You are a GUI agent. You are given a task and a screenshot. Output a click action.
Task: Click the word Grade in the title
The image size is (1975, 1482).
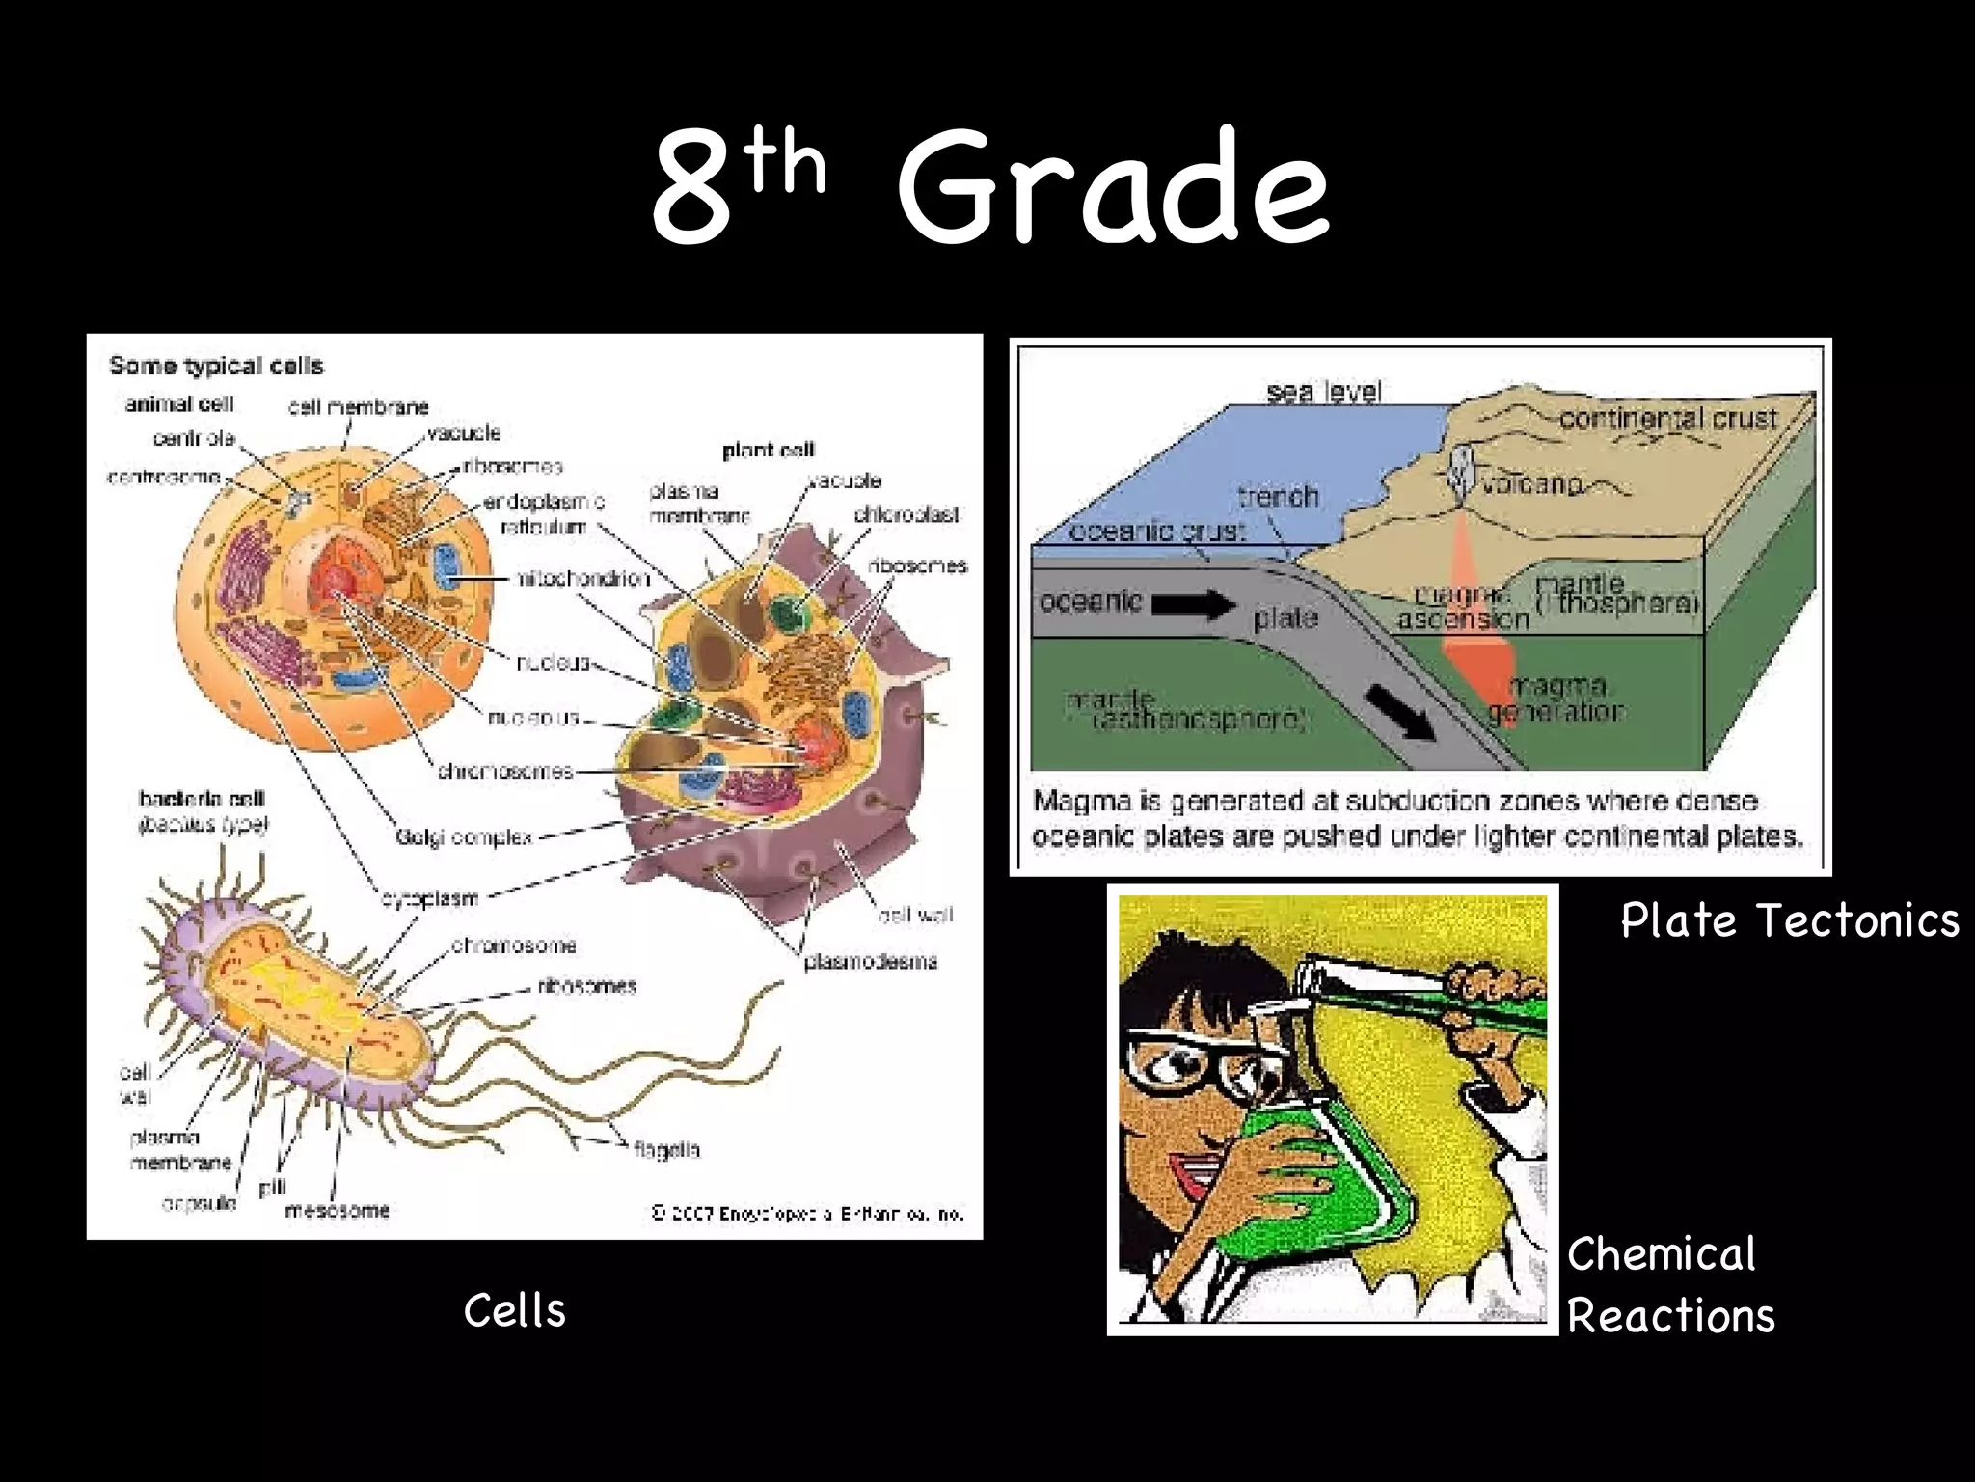(x=1114, y=188)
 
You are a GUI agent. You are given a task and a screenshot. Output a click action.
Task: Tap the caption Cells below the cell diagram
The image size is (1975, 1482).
(x=514, y=1311)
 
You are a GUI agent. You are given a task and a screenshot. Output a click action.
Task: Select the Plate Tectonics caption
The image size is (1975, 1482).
(x=1790, y=920)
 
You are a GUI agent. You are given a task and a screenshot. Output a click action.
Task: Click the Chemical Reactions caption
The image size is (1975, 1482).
(x=1670, y=1286)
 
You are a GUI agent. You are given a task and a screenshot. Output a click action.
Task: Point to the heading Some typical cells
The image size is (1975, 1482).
(x=216, y=366)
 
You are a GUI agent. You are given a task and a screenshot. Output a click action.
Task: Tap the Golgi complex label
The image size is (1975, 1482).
(x=464, y=837)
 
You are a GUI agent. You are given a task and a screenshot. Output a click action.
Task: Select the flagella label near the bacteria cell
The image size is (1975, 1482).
(x=667, y=1150)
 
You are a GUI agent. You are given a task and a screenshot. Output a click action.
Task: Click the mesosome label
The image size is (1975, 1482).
(x=338, y=1210)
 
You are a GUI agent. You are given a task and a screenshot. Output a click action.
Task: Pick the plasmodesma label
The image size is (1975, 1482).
(x=870, y=961)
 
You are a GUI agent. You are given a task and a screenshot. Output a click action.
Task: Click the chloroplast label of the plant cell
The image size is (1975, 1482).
(x=906, y=515)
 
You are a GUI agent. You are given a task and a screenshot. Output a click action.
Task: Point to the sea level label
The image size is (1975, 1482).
(x=1324, y=392)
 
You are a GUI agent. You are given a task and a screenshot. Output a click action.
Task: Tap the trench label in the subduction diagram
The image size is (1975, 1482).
(x=1278, y=497)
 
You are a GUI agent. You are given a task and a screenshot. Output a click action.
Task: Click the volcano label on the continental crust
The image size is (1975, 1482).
(x=1532, y=483)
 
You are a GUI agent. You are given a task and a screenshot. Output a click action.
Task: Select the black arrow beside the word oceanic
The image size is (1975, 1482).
(x=1193, y=605)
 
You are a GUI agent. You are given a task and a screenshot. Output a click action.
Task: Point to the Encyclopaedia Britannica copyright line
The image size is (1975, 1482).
(x=807, y=1214)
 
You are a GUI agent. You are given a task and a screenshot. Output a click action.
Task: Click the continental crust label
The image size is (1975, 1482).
(x=1667, y=419)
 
